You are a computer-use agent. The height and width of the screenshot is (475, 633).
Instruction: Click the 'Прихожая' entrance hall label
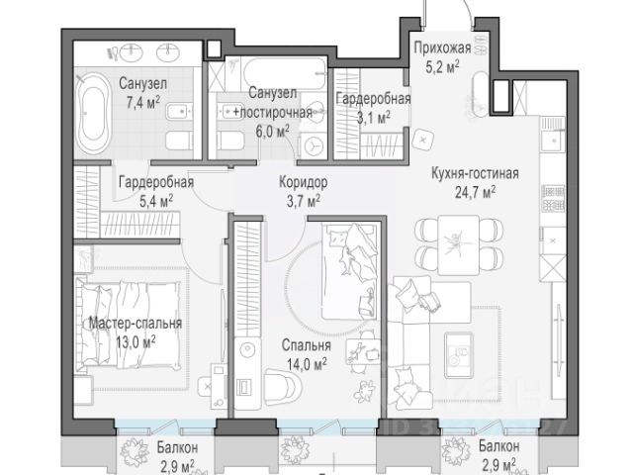tap(442, 48)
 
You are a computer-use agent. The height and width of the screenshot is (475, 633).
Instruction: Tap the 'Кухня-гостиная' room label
tap(475, 174)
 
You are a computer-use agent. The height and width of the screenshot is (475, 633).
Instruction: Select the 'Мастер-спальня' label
tap(136, 324)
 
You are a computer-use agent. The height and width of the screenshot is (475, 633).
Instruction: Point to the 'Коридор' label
tap(304, 182)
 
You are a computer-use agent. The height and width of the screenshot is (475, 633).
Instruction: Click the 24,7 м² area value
tap(475, 192)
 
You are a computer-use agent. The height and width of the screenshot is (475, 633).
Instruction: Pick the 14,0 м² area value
tap(307, 364)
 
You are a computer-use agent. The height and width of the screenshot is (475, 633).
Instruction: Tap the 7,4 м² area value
tap(142, 103)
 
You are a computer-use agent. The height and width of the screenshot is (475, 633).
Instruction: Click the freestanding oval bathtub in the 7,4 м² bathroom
tap(93, 112)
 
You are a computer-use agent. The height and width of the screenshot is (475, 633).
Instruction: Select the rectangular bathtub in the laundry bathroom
tap(285, 74)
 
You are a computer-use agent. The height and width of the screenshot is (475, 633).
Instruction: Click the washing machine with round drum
tap(314, 145)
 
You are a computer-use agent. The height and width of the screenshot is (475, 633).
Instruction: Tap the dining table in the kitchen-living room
tap(459, 244)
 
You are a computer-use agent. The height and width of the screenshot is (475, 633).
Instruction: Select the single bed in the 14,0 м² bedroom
tap(349, 271)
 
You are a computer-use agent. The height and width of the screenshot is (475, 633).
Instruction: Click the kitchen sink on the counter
tap(551, 141)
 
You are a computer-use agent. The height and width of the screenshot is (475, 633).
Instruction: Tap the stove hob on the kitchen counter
tap(554, 199)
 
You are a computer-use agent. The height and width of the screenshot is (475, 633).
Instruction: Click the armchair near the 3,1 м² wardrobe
tap(422, 140)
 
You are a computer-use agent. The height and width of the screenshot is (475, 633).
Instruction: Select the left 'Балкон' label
tap(177, 447)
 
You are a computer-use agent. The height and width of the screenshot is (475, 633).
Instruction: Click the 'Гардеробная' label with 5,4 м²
tap(156, 182)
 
